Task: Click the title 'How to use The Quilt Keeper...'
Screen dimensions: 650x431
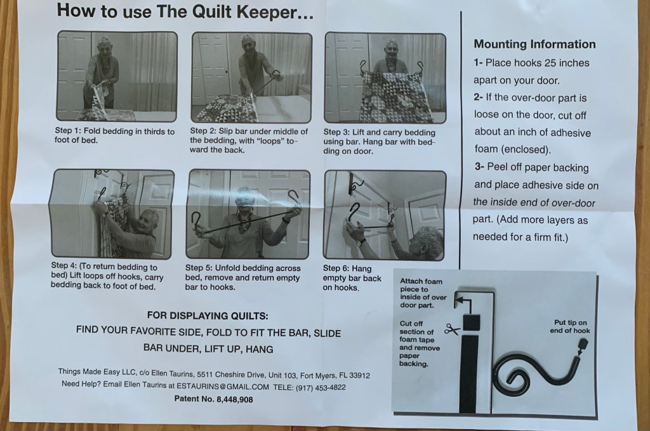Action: (185, 11)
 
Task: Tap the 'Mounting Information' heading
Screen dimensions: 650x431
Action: (534, 44)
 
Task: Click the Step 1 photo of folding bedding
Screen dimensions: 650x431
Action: (117, 76)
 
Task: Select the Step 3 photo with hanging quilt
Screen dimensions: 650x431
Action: (385, 78)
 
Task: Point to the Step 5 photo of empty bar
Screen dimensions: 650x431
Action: (248, 214)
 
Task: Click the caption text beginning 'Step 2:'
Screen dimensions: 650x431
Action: (249, 140)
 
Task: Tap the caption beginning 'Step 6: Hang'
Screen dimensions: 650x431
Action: (352, 277)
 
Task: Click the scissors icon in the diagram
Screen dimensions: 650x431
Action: (452, 329)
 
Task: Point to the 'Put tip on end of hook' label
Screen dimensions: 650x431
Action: (570, 326)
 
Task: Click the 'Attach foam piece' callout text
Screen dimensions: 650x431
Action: (423, 293)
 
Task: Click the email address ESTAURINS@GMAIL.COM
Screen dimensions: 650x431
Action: (223, 386)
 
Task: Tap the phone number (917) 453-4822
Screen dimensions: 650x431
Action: (321, 388)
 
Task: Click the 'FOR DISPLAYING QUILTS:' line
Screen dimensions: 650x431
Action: (208, 315)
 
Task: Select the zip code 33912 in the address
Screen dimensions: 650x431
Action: (359, 376)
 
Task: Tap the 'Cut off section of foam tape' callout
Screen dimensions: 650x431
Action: (420, 343)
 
